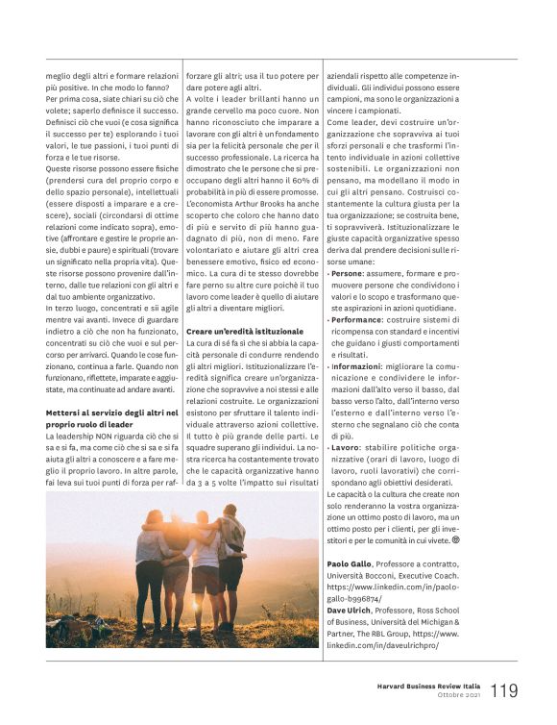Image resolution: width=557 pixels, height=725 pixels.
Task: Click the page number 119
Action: [505, 691]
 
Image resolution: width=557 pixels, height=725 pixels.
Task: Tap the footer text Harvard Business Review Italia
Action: [428, 686]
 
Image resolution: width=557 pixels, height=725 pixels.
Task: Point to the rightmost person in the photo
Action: [230, 567]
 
